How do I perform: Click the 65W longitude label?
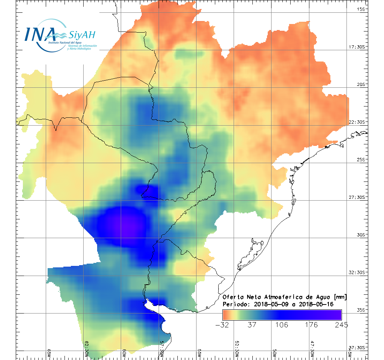[49, 353]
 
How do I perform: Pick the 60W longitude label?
[124, 353]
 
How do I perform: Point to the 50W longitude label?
[274, 353]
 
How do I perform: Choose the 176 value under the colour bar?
[312, 324]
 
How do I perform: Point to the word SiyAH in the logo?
[82, 35]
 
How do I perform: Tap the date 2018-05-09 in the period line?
[270, 304]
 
